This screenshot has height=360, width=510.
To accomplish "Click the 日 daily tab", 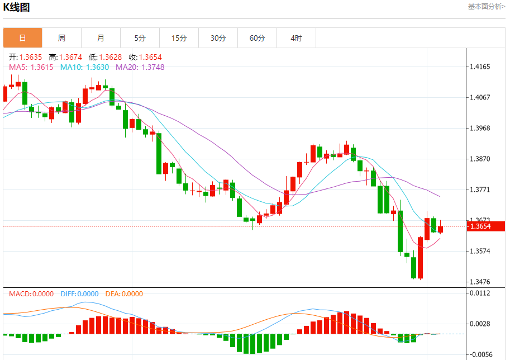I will [22, 38].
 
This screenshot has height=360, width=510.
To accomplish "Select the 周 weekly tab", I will [61, 38].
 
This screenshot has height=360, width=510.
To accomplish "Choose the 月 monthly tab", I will [101, 38].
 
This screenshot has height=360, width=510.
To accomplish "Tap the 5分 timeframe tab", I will [140, 38].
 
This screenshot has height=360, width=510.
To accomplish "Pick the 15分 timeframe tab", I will [179, 38].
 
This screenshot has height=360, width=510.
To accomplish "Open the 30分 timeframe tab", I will [218, 38].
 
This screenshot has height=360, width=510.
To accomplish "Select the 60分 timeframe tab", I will [257, 38].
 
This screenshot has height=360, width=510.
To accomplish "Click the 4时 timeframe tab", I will [296, 38].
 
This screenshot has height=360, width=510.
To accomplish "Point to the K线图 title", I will [17, 7].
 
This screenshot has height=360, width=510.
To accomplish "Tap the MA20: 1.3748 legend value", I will [140, 67].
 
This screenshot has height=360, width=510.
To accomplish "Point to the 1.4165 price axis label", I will [480, 67].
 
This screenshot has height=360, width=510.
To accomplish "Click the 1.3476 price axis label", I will [480, 282].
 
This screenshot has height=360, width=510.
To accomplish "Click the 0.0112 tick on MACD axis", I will [480, 293].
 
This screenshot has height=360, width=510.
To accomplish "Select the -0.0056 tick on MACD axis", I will [480, 354].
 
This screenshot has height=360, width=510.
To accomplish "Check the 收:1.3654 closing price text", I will [145, 57].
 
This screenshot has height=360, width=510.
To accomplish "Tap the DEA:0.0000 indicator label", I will [124, 294].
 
